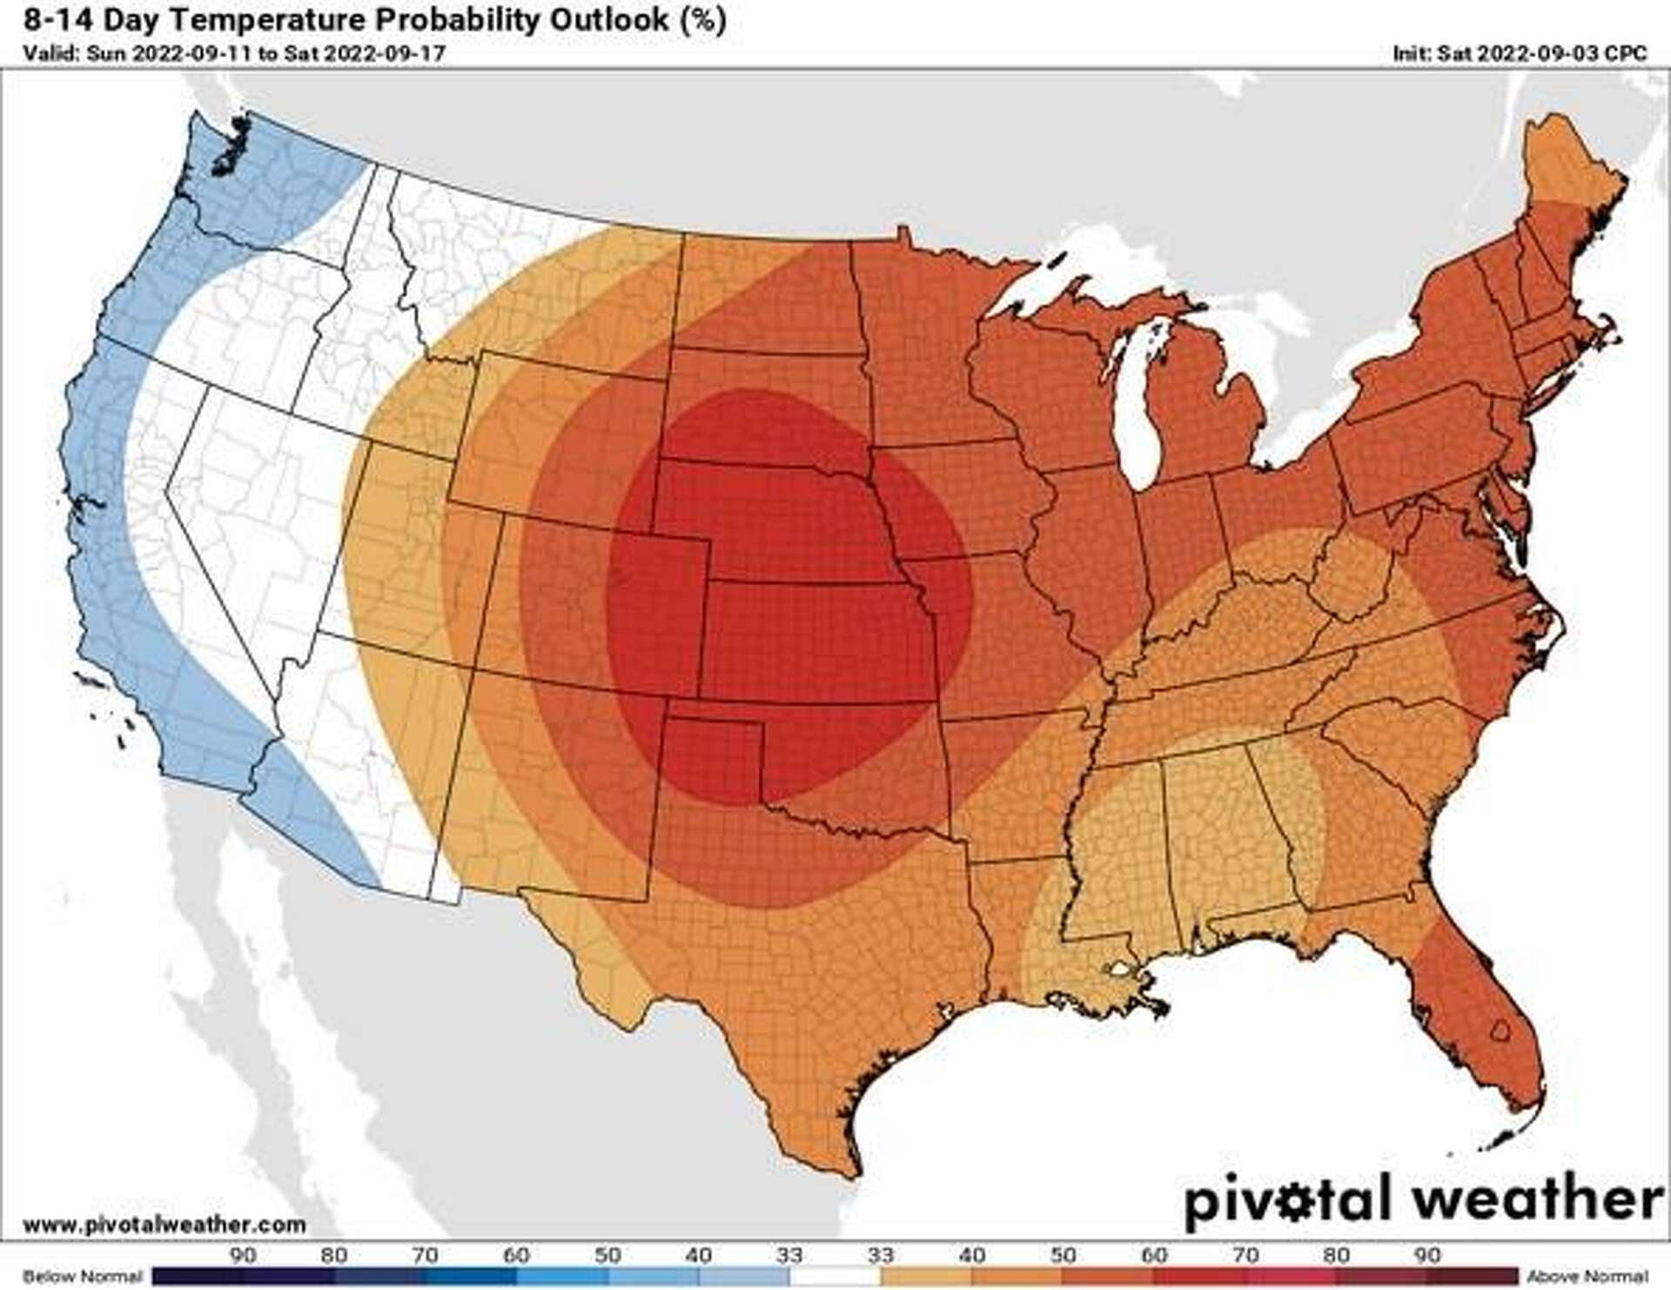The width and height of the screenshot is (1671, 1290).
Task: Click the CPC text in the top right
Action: point(1626,53)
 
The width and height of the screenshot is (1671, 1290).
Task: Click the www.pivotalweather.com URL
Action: point(164,1225)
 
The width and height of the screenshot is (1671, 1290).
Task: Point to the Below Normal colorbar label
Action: point(82,1276)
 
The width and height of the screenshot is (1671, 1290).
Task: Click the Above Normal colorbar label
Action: point(1587,1276)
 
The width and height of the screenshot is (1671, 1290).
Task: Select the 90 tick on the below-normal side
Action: point(243,1255)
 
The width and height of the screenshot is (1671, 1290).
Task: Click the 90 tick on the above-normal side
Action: point(1427,1255)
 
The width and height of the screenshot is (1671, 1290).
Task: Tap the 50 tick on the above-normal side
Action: point(1063,1255)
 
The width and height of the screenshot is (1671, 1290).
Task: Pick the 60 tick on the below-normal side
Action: point(516,1255)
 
